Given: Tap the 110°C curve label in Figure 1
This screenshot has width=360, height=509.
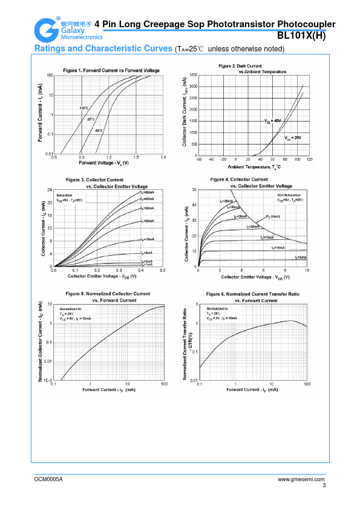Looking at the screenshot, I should [84, 108].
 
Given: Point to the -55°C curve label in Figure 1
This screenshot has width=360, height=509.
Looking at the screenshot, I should [98, 130].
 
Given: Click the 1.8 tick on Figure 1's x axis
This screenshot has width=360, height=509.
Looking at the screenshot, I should [162, 157].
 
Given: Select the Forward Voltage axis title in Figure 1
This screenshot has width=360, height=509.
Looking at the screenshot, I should [104, 163].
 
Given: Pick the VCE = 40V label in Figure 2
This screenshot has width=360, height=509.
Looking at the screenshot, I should [273, 121].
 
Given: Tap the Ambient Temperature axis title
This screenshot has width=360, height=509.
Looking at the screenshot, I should [254, 166].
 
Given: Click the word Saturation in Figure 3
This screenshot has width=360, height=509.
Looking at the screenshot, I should [65, 196].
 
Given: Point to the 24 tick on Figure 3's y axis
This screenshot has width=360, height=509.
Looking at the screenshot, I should [50, 190].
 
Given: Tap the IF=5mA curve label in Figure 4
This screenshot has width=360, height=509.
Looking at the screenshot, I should [301, 258].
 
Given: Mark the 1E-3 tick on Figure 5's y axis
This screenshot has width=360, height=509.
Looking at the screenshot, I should [48, 380].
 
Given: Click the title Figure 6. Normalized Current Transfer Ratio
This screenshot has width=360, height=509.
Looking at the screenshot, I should [252, 293].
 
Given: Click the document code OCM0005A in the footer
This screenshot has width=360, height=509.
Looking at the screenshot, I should [48, 479].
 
